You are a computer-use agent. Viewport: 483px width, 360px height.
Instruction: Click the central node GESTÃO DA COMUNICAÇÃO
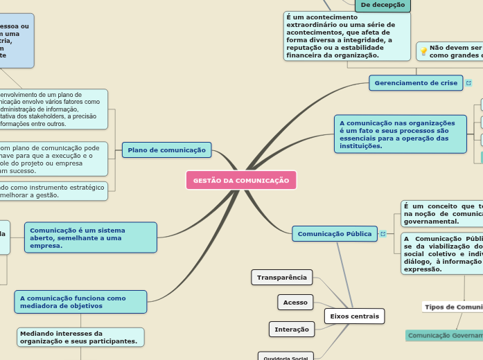[x=240, y=180]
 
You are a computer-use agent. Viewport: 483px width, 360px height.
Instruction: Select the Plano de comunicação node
[x=166, y=150]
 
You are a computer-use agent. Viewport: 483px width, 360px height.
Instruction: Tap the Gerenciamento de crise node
[x=416, y=83]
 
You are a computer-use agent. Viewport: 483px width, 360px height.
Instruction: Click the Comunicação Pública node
[x=335, y=234]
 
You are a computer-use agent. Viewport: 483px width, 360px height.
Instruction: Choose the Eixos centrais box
[x=354, y=316]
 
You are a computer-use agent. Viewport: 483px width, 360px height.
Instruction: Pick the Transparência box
[x=281, y=278]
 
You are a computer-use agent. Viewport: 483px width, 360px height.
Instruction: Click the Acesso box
[x=296, y=303]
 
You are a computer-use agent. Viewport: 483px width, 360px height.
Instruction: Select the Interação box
[x=291, y=329]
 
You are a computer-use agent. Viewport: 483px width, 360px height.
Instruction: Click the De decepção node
[x=383, y=5]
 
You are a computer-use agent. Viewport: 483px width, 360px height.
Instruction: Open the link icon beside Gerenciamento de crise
[x=469, y=83]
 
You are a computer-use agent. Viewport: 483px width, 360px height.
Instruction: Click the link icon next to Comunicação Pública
[x=383, y=234]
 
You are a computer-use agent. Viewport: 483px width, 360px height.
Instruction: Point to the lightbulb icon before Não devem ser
[x=423, y=51]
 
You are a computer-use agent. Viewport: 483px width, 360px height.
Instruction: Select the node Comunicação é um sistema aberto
[x=90, y=237]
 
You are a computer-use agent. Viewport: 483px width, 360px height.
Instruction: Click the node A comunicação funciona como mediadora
[x=80, y=302]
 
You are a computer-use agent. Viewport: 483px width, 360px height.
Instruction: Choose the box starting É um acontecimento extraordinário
[x=346, y=36]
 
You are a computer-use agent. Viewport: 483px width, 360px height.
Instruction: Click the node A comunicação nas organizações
[x=400, y=134]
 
